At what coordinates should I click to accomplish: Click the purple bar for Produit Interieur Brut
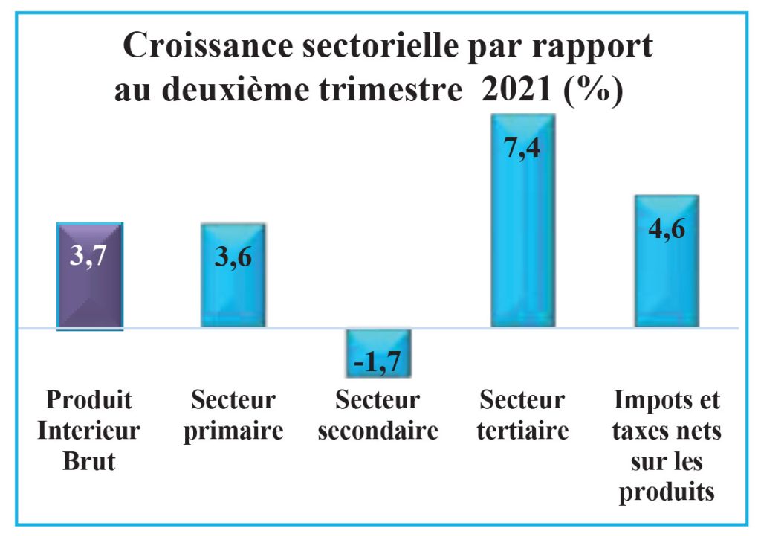[x=90, y=298]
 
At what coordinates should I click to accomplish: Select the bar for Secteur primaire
[x=233, y=298]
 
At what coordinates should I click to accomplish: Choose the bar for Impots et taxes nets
[x=666, y=283]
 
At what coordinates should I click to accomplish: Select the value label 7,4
[x=522, y=148]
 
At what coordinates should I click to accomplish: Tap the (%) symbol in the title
[x=593, y=91]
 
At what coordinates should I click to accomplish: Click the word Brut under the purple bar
[x=89, y=461]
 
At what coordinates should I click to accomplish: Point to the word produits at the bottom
[x=667, y=492]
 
